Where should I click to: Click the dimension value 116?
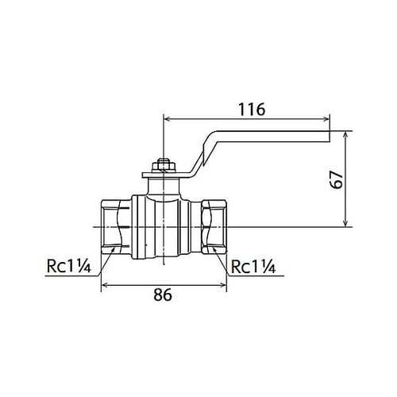point(252,110)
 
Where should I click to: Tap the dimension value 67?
point(337,179)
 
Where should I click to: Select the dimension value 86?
point(163,295)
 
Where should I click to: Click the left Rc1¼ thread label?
point(69,266)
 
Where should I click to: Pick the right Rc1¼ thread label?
point(253,266)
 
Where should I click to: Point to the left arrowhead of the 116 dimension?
point(168,119)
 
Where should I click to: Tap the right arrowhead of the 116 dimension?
point(326,119)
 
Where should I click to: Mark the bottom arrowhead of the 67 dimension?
point(345,224)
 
